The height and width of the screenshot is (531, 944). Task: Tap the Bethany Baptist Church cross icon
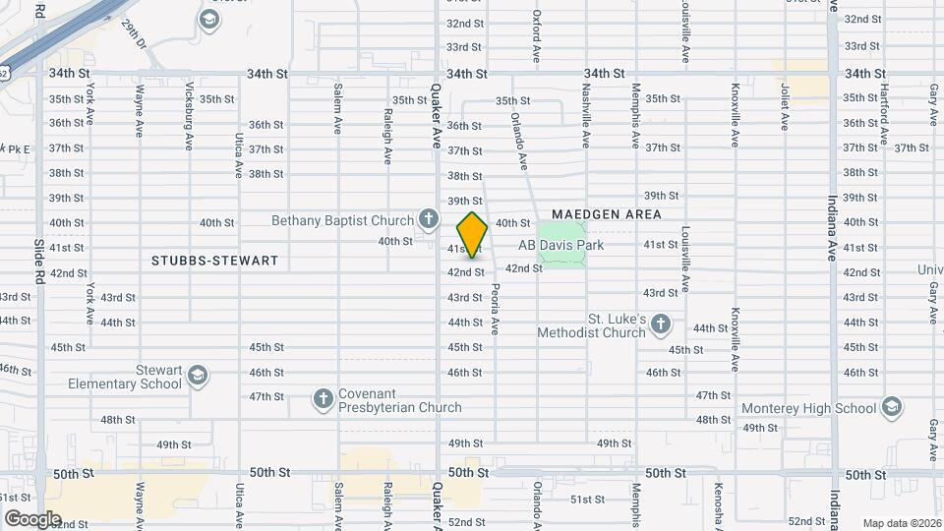click(428, 217)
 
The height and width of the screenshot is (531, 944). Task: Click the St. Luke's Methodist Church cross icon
click(661, 324)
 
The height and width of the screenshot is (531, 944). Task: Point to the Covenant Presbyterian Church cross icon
click(323, 398)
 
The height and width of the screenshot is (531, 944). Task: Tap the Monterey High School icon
click(891, 407)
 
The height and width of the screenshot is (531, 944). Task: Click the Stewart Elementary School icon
click(198, 376)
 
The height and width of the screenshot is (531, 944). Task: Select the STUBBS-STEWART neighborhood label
click(215, 262)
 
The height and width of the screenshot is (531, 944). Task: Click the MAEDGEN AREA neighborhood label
click(606, 213)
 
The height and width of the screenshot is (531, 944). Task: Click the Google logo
click(33, 518)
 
